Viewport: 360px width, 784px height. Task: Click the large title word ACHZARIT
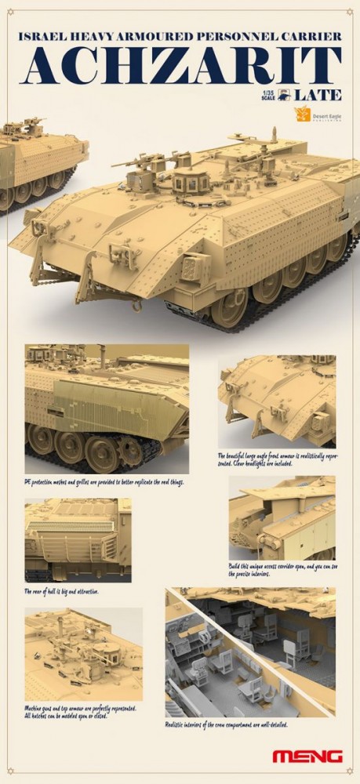pos(180,67)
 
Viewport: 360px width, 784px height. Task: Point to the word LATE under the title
pos(319,96)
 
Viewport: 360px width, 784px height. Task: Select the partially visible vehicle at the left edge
pos(39,161)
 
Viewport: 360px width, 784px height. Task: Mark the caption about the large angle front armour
pos(277,458)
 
